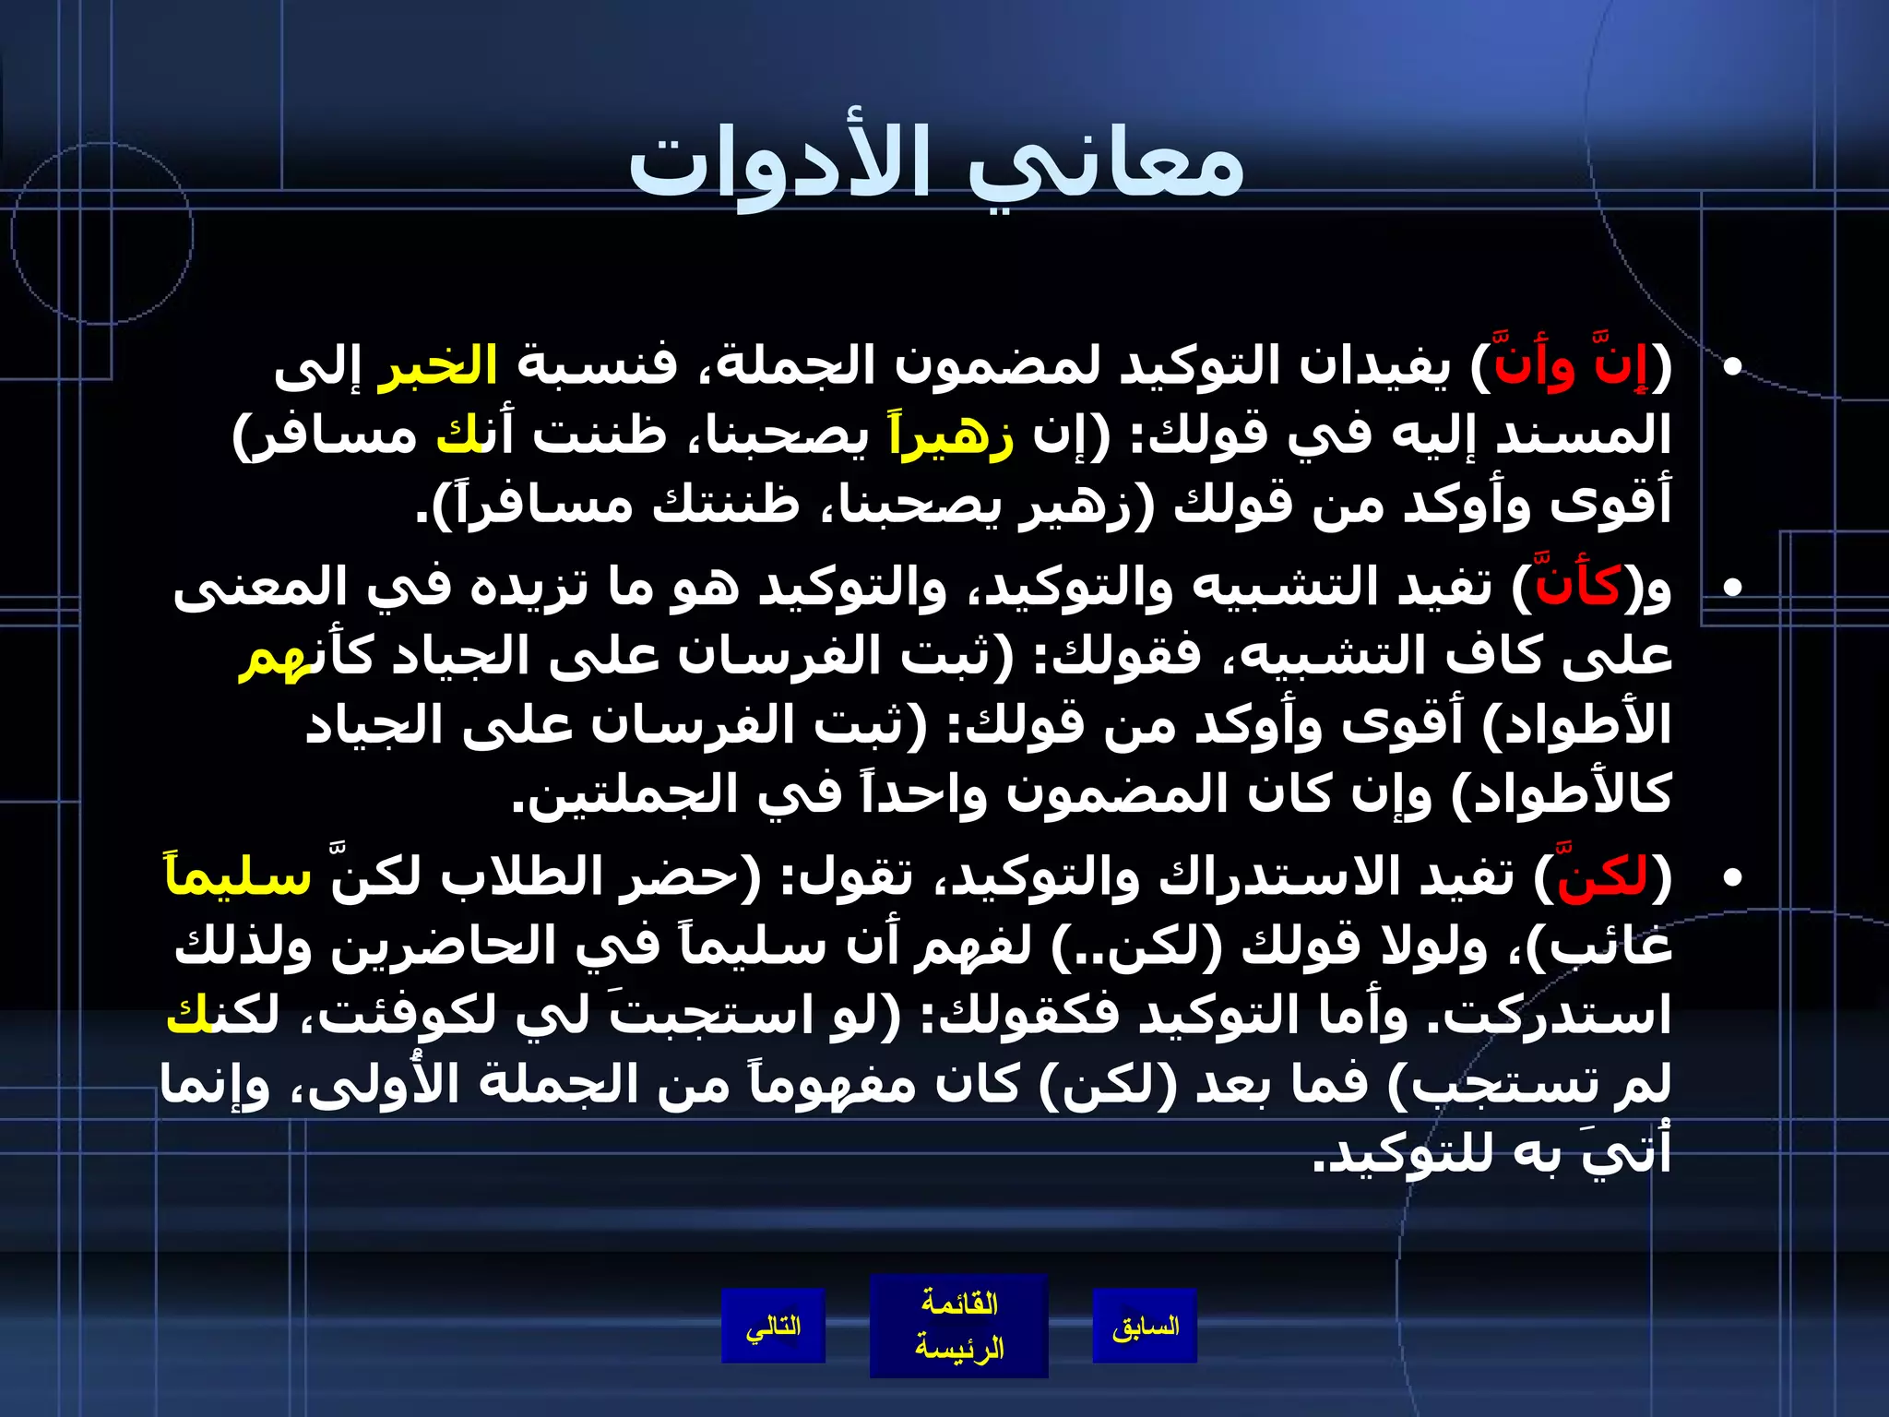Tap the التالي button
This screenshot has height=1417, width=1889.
pos(773,1327)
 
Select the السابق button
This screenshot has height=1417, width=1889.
pos(1145,1327)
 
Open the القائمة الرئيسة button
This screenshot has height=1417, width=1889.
pos(958,1327)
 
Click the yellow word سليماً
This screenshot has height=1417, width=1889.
pos(238,877)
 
